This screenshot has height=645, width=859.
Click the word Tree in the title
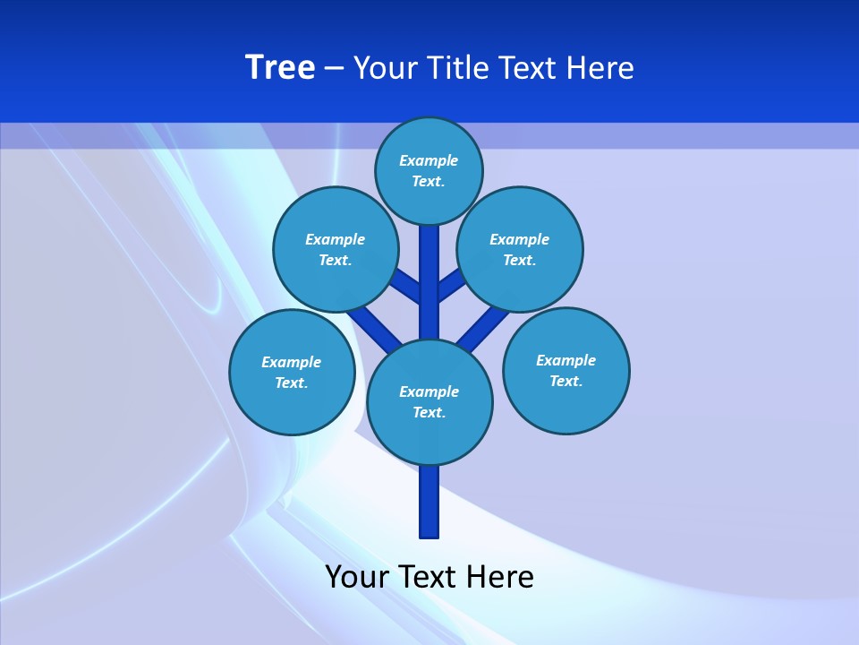point(280,68)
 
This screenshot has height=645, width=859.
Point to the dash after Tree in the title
point(335,69)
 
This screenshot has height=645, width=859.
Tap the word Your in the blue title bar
point(387,68)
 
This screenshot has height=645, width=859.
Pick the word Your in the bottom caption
point(357,577)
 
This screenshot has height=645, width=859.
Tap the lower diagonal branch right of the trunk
point(483,323)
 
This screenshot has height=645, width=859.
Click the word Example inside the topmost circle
point(429,160)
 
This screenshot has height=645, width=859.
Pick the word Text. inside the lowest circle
point(429,413)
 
